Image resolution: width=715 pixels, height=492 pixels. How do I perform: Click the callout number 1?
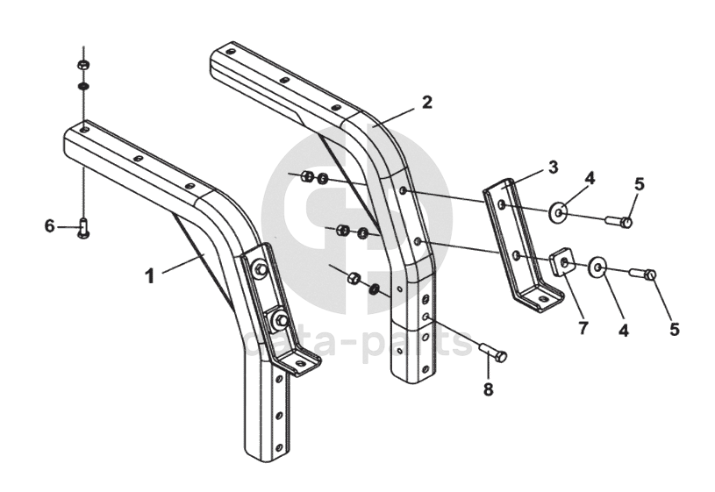[x=150, y=275]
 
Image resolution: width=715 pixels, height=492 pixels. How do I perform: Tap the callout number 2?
[x=426, y=102]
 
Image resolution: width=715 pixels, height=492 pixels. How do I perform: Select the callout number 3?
[x=553, y=166]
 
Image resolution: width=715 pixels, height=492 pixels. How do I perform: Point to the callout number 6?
[x=50, y=226]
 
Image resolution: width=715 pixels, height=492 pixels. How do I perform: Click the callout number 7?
[x=582, y=328]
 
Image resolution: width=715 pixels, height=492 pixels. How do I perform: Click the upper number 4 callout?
[x=590, y=178]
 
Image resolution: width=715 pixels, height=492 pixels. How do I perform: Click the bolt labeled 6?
[x=84, y=226]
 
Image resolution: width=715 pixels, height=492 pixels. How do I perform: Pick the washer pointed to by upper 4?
[x=558, y=211]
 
